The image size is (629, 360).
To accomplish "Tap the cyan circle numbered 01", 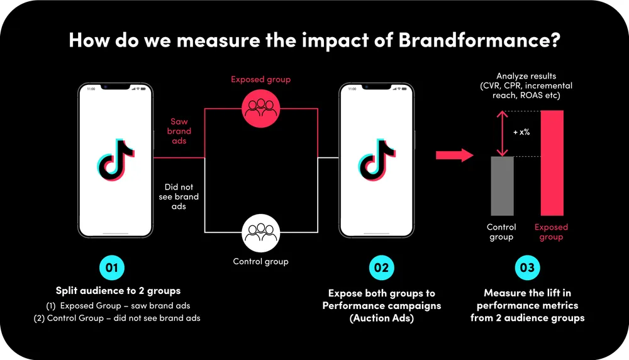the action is [112, 267].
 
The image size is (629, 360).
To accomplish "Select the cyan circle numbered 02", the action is [382, 267].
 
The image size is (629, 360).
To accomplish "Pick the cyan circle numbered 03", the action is [527, 267].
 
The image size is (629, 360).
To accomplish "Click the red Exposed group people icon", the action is [261, 108].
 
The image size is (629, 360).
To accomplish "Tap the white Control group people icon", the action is [261, 233].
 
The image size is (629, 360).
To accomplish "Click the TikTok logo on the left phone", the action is [116, 160].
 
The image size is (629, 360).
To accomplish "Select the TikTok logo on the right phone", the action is [376, 160].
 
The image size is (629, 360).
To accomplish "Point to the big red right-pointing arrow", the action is [455, 155].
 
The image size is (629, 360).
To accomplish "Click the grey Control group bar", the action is [502, 186].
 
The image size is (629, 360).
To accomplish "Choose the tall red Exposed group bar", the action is [552, 163].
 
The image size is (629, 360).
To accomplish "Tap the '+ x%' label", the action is [521, 132].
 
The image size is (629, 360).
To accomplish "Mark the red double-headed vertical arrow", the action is [502, 133].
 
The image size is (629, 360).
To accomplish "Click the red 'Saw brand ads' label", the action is [179, 131].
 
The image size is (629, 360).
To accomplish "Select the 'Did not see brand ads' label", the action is [179, 196].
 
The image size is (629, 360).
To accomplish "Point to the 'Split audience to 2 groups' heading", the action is [118, 291].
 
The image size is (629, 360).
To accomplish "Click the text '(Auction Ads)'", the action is [382, 318].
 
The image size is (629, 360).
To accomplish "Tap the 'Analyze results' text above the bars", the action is [526, 76].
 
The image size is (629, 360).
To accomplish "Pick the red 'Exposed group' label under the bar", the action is [551, 232].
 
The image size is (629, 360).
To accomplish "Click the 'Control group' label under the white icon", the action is [261, 262].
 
